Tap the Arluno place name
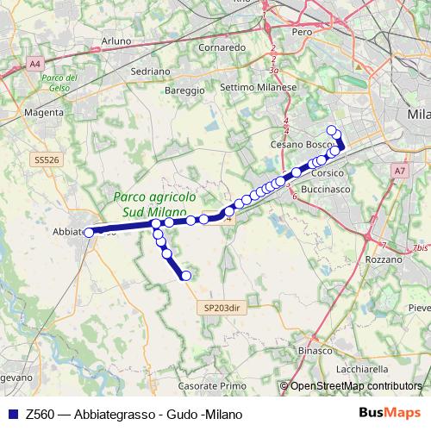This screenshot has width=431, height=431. (x=116, y=41)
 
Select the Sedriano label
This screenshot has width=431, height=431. (x=151, y=71)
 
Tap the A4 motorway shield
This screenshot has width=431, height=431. (x=34, y=64)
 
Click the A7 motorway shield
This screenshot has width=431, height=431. (x=399, y=172)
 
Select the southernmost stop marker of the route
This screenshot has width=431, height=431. (x=185, y=276)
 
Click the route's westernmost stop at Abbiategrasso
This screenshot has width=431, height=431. (x=88, y=232)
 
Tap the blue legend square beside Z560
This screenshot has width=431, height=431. (x=11, y=413)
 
